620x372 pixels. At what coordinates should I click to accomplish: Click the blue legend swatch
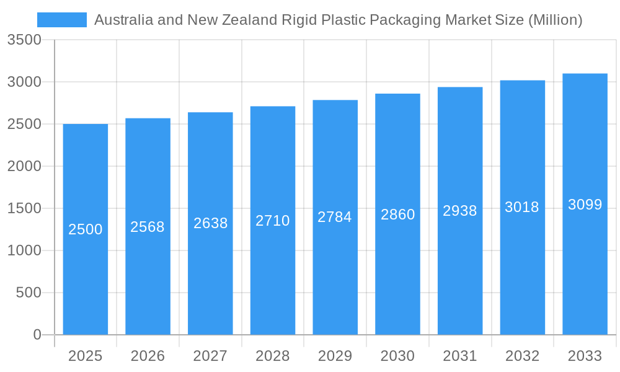[62, 20]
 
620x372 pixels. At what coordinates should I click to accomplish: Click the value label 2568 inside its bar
[148, 227]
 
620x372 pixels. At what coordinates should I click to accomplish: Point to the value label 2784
[335, 217]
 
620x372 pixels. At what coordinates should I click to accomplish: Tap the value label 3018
[522, 207]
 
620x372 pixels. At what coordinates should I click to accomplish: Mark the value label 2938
[460, 211]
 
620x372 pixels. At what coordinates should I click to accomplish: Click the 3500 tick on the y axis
[24, 40]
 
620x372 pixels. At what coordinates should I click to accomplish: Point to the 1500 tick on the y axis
[24, 208]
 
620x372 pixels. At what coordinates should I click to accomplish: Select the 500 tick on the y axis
[29, 293]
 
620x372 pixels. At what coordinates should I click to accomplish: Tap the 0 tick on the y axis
[37, 335]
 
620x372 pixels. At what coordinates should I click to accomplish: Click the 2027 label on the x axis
[210, 356]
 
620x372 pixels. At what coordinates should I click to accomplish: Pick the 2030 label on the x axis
[397, 356]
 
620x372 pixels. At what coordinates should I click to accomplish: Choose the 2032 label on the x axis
[522, 356]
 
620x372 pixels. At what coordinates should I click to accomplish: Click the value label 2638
[211, 223]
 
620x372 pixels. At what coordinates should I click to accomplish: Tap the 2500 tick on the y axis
[24, 124]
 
